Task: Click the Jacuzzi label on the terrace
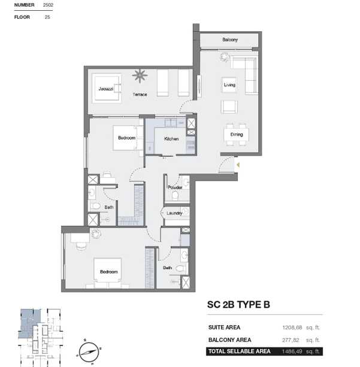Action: (106, 89)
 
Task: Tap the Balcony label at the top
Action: (230, 40)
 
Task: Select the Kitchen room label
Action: (171, 139)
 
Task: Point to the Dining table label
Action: (237, 134)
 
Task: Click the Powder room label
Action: (175, 187)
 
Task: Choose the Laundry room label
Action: (174, 213)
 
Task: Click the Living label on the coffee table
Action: (229, 85)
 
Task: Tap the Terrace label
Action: (140, 95)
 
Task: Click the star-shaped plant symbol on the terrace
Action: (140, 75)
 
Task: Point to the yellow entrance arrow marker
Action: (238, 165)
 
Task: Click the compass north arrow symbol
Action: (89, 352)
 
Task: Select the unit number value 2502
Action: (48, 5)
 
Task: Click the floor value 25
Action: (47, 17)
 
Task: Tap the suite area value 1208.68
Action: (292, 327)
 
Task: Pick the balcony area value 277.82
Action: (291, 340)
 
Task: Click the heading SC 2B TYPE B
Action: (238, 305)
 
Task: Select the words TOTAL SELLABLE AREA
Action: (240, 351)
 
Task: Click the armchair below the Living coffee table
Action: (229, 107)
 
